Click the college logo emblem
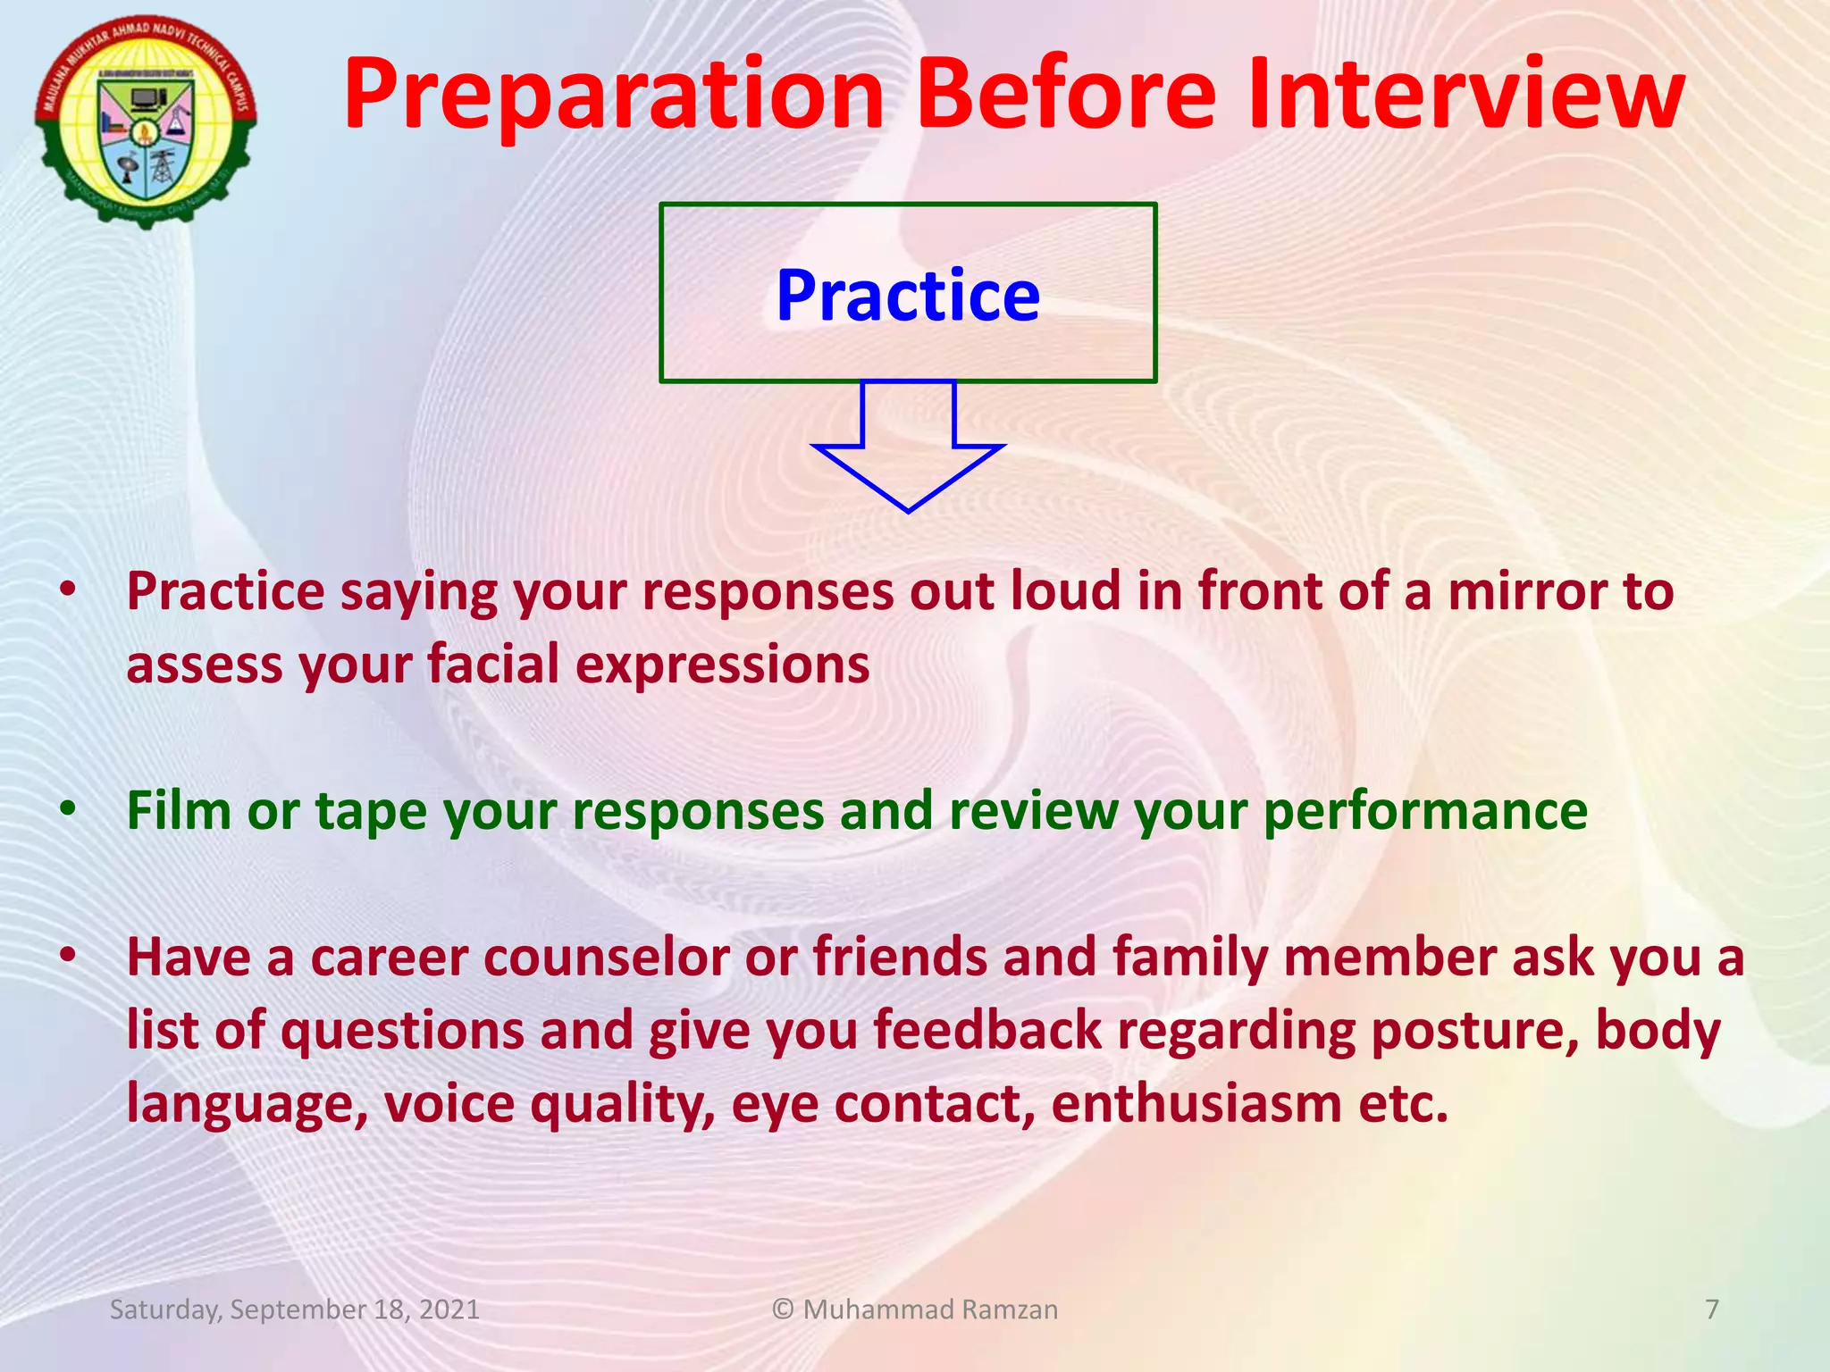click(146, 121)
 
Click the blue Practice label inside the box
click(908, 296)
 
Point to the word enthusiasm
click(1196, 1104)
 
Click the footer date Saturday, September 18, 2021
click(294, 1309)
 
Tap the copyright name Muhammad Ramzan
click(929, 1309)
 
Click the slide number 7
click(1712, 1309)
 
